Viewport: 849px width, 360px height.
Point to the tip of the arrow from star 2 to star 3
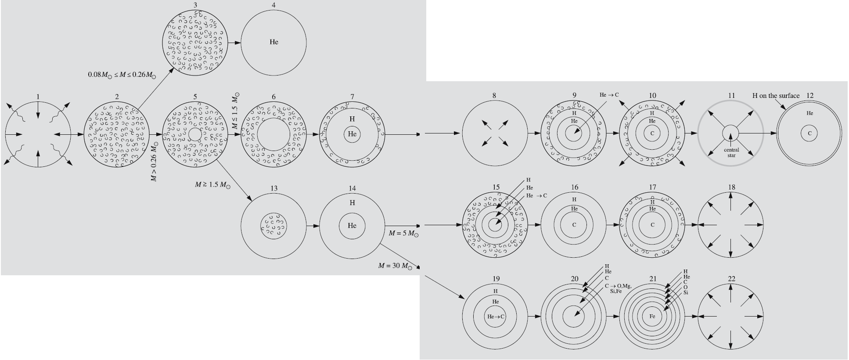tap(171, 68)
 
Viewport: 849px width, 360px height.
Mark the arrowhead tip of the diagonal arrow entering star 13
tap(252, 201)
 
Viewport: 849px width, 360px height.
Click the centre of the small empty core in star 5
tap(195, 134)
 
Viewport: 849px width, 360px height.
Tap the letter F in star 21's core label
tap(650, 316)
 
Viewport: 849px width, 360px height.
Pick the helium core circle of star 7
tap(352, 134)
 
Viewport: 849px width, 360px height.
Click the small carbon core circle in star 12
tap(809, 133)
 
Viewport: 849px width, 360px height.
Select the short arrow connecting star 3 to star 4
tap(234, 43)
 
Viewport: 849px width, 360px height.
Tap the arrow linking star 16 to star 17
tap(613, 225)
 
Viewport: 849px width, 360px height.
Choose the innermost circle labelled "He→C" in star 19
tap(496, 316)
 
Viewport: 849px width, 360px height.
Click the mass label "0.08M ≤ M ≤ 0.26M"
tap(122, 75)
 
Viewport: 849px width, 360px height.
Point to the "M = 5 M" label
tap(403, 234)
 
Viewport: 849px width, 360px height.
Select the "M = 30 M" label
tap(396, 266)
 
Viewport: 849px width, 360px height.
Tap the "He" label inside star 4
tap(274, 42)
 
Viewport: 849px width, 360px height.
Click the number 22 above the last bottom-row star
tap(731, 279)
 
